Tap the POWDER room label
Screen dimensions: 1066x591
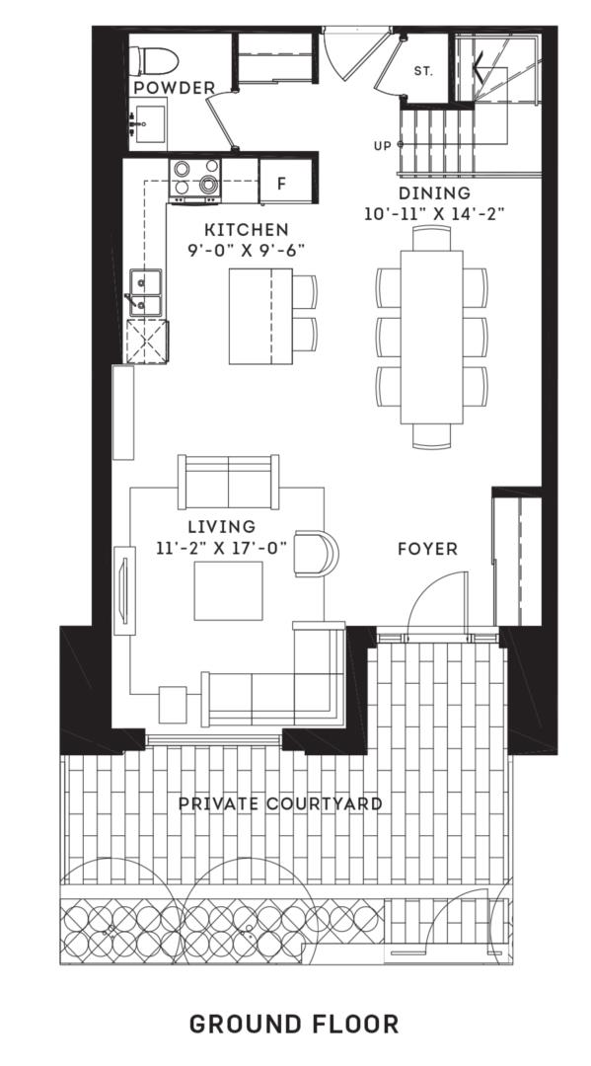click(174, 89)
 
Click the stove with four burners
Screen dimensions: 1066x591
click(195, 179)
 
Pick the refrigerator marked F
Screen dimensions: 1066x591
click(280, 184)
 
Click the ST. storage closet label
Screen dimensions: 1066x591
click(423, 71)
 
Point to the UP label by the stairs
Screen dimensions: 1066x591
click(381, 145)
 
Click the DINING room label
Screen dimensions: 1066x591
click(434, 193)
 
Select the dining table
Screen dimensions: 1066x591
click(431, 336)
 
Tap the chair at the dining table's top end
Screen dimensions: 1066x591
click(431, 238)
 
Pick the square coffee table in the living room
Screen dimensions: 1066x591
click(228, 590)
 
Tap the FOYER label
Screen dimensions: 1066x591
click(427, 549)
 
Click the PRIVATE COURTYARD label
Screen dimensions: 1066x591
click(280, 803)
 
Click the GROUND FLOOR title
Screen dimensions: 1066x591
click(294, 1024)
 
